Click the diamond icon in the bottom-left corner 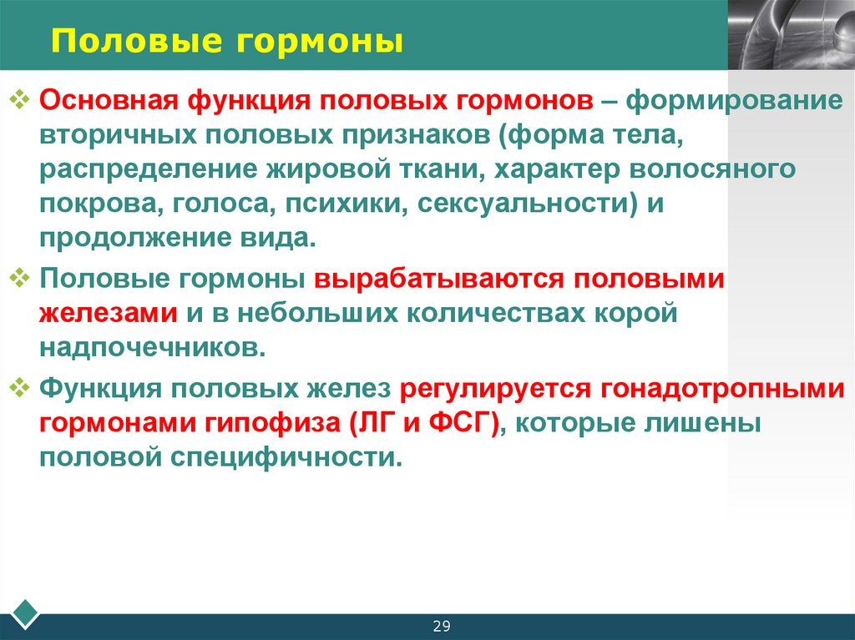tap(28, 611)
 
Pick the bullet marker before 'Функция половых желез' tap(22, 387)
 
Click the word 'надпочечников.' tap(153, 348)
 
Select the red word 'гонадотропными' tap(721, 389)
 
